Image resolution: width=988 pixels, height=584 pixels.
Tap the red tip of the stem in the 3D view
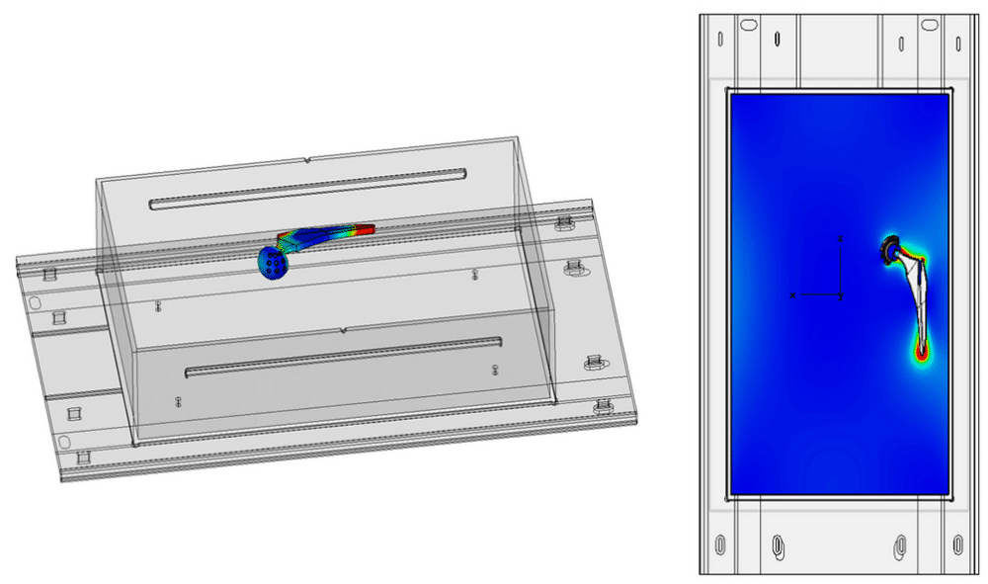tap(368, 228)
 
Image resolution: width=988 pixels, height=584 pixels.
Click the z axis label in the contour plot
tap(840, 238)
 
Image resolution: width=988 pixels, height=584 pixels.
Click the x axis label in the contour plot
tap(792, 294)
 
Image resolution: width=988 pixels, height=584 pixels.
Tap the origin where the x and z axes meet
tap(840, 294)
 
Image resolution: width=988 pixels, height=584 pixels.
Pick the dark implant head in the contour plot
tap(890, 250)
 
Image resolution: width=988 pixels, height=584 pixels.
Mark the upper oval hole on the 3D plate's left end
tap(37, 302)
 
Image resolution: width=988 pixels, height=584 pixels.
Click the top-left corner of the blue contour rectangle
tap(729, 93)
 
